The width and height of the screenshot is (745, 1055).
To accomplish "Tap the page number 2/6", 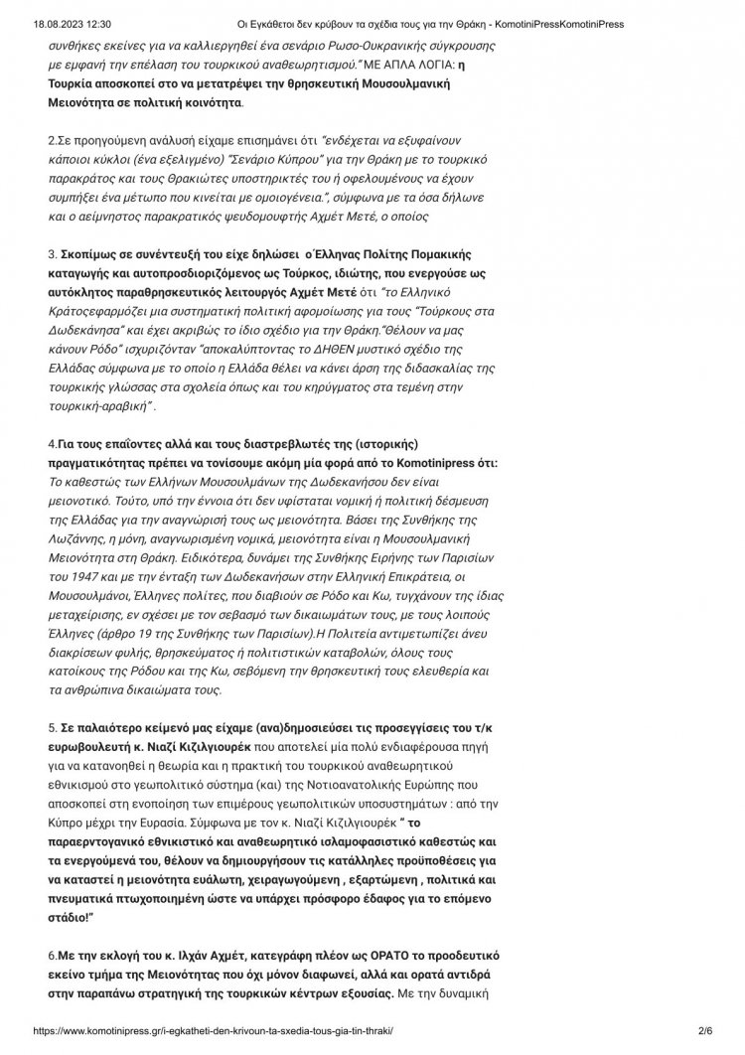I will [x=706, y=1033].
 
